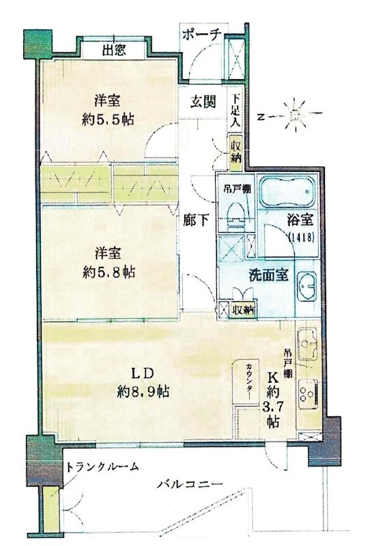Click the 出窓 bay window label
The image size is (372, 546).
pyautogui.click(x=114, y=50)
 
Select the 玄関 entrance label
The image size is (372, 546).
pyautogui.click(x=203, y=102)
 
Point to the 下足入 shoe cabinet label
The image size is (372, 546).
pyautogui.click(x=235, y=111)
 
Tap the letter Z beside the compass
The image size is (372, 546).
pyautogui.click(x=261, y=117)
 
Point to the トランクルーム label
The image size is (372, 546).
pyautogui.click(x=102, y=466)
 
